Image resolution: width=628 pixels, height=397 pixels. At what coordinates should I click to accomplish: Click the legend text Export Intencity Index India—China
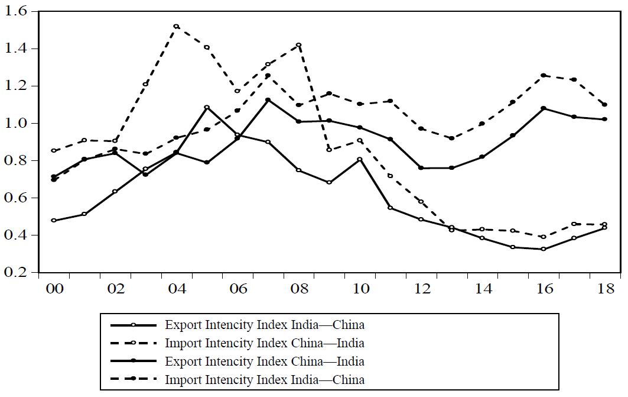tap(264, 325)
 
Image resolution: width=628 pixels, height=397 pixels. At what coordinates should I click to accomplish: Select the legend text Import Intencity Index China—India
tap(264, 343)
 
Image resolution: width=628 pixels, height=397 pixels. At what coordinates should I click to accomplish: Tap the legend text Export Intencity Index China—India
tap(264, 361)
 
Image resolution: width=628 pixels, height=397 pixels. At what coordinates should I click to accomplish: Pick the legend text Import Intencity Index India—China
tap(264, 379)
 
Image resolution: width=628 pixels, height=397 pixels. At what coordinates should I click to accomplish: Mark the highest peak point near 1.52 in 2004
tap(176, 26)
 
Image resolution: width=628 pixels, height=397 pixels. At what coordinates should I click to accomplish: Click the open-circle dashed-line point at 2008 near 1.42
tap(298, 45)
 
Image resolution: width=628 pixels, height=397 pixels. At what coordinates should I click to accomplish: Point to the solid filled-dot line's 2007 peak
tap(268, 100)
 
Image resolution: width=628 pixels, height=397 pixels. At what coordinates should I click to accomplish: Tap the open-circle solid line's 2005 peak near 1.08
tap(207, 107)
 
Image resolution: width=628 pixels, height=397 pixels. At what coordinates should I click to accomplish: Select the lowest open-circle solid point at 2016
tap(543, 249)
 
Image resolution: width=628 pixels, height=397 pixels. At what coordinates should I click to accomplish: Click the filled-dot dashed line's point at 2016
tap(543, 75)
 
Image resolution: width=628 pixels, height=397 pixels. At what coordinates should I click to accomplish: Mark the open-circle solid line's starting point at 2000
tap(54, 220)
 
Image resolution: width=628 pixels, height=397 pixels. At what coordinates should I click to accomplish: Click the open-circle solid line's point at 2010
tap(360, 159)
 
